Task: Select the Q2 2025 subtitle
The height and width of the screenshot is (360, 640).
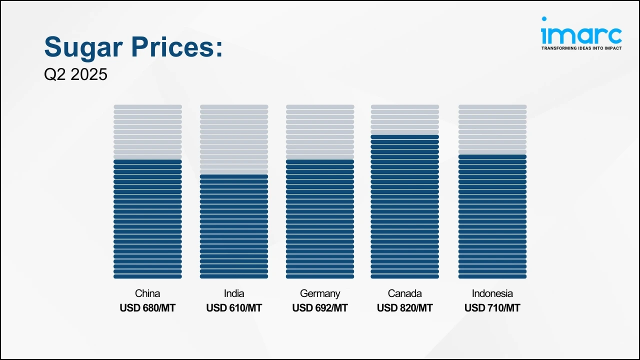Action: point(75,74)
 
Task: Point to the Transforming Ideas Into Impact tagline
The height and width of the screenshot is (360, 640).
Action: point(581,48)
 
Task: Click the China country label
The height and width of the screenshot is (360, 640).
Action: point(147,293)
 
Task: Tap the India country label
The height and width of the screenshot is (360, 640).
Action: point(234,293)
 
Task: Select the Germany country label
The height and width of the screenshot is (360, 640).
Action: point(320,293)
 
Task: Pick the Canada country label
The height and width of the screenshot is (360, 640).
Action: point(405,293)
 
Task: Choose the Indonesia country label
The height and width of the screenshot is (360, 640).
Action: point(492,293)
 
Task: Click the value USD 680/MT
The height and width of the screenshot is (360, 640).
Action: point(147,308)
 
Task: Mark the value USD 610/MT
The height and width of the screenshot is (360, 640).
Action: point(234,308)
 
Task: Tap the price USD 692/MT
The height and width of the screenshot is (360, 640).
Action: point(320,308)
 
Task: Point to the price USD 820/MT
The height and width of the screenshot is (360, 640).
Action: point(405,308)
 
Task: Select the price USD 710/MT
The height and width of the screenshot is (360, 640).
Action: point(492,308)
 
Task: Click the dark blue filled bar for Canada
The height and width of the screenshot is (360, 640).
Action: point(405,206)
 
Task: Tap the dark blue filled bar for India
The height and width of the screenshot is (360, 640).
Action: point(234,226)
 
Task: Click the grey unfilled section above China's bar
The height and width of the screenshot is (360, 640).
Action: point(147,131)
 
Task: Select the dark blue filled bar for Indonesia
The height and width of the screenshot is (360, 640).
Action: point(492,216)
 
